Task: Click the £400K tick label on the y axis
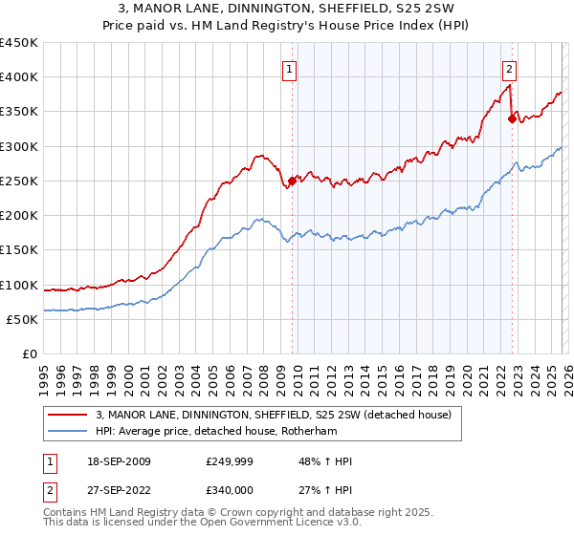(19, 77)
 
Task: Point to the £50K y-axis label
(22, 319)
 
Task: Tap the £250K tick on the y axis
(19, 181)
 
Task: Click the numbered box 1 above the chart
(289, 68)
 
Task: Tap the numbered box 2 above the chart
(510, 68)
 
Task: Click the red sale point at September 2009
(292, 181)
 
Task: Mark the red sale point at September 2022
(512, 118)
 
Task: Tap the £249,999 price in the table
(228, 461)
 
